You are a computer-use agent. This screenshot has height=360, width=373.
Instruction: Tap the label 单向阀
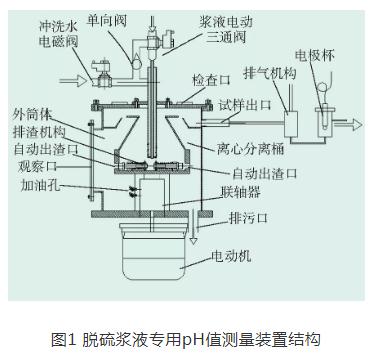click(107, 21)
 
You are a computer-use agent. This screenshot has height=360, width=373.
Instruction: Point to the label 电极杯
click(315, 56)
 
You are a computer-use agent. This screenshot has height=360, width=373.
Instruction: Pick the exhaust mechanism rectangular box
click(291, 124)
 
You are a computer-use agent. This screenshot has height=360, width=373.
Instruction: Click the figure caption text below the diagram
click(186, 339)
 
